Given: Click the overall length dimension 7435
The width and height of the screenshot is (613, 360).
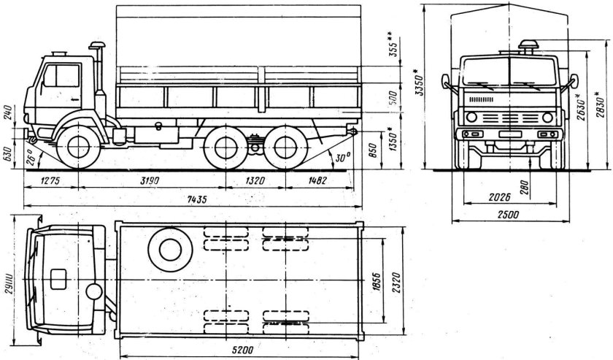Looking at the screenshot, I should point(196,199).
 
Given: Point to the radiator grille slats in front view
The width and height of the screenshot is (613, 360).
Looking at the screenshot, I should point(482,98).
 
